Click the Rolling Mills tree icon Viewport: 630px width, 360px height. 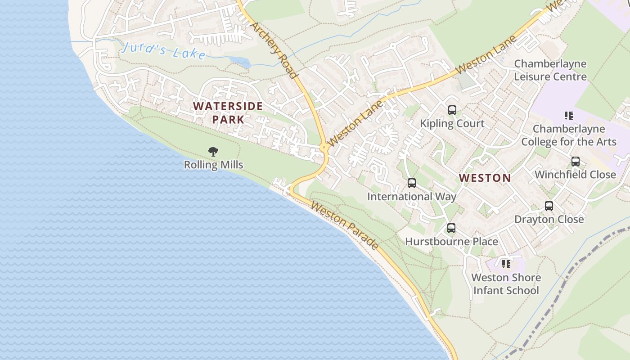213,152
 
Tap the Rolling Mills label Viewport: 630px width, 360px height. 213,165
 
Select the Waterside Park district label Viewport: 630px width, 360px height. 228,113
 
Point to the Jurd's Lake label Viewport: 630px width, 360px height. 163,50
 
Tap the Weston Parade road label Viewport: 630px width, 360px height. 344,225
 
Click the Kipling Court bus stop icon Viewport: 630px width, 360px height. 452,110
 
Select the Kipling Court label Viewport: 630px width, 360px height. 452,123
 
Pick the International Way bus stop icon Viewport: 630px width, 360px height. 411,183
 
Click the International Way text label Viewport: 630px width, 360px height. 411,197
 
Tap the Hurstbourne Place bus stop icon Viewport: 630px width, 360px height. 451,228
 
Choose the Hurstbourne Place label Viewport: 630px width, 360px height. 451,242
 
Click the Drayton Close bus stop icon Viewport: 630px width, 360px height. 549,206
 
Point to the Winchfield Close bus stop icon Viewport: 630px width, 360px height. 575,162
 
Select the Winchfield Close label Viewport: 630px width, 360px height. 575,175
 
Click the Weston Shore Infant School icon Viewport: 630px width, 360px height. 506,264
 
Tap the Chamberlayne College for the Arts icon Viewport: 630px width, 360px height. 569,116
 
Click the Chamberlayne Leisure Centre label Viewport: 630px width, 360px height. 550,70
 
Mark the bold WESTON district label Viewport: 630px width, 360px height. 485,178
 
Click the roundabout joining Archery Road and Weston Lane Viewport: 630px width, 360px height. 324,147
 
